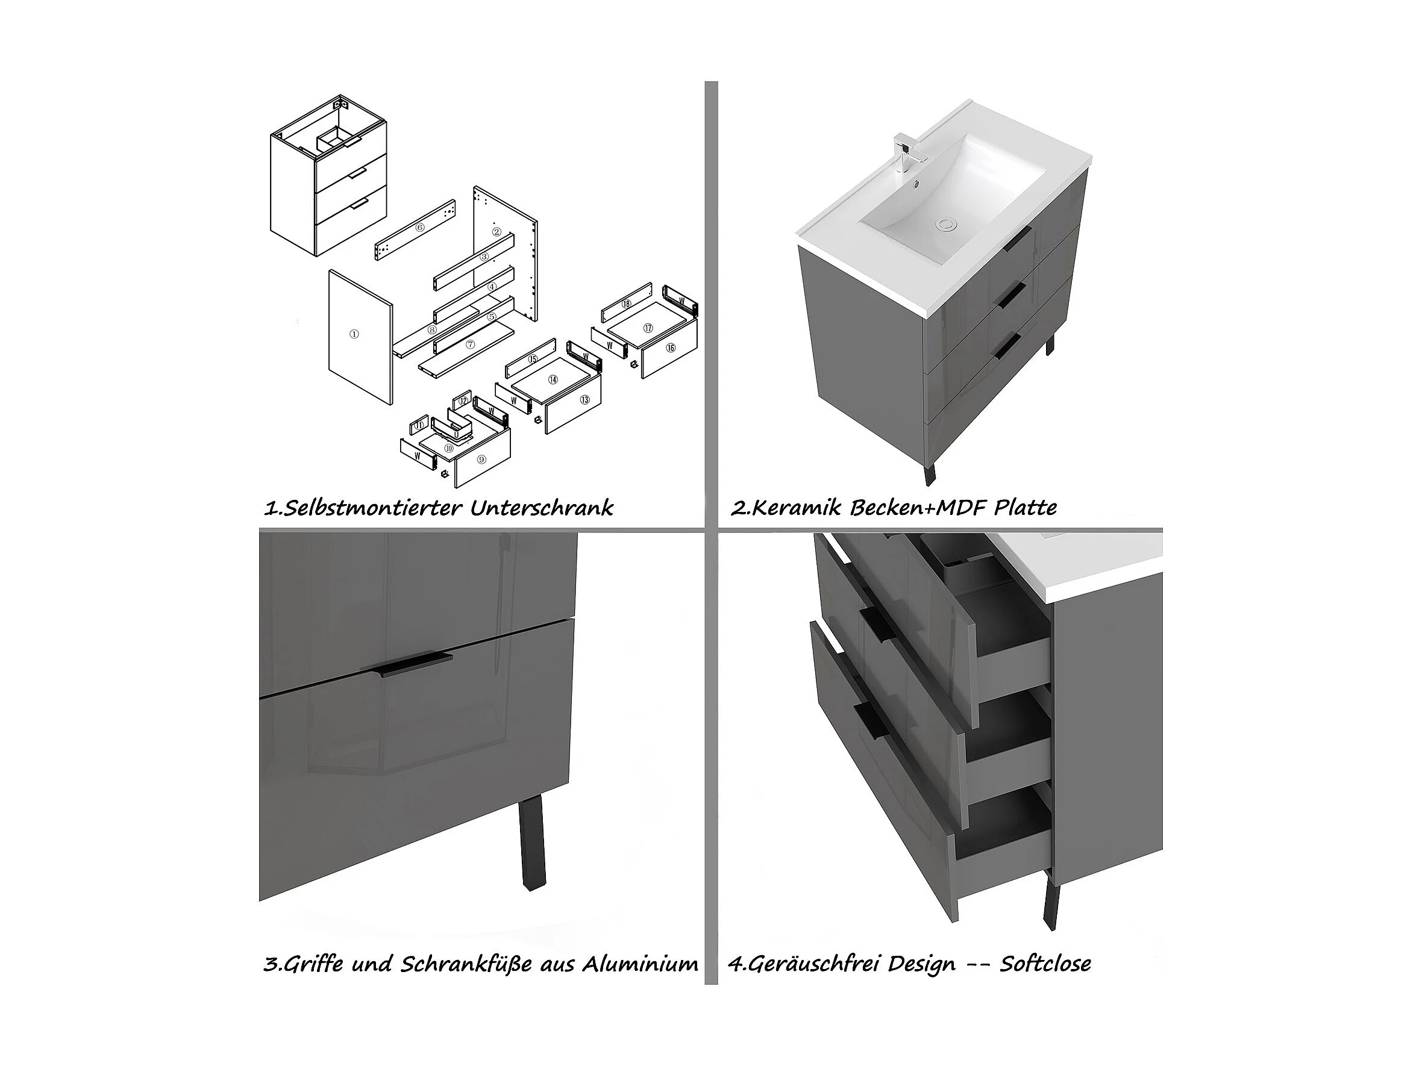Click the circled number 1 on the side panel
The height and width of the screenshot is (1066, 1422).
[354, 334]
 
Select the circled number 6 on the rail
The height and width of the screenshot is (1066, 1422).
[420, 228]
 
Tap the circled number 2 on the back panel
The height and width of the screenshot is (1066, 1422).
[496, 231]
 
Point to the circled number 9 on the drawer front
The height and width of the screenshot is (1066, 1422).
[481, 459]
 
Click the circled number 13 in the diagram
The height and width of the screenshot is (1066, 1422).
[584, 400]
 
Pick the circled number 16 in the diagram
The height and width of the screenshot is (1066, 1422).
[671, 348]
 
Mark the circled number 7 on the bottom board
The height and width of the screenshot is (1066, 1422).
[470, 344]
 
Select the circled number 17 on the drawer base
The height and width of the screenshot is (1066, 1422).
[648, 328]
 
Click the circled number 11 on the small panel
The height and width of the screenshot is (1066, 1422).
[419, 425]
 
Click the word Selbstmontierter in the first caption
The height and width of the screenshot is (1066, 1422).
[363, 508]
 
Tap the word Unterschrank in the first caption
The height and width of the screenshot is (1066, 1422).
[541, 508]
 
